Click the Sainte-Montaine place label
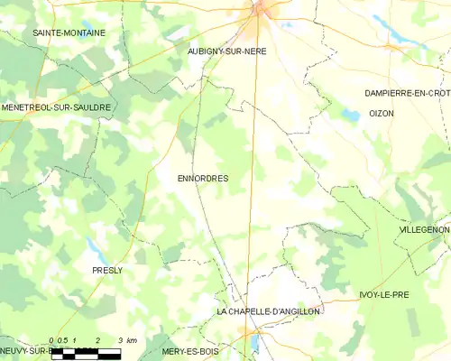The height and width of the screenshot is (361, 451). click(x=69, y=32)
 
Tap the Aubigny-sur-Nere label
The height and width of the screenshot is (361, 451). click(x=226, y=51)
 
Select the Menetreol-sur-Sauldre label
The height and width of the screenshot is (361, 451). click(x=56, y=107)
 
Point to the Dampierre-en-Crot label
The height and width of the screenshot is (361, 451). click(x=407, y=93)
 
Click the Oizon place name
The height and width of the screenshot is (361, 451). click(x=382, y=113)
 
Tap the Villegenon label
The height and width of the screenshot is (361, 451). click(x=423, y=230)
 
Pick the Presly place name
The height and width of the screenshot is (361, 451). click(x=107, y=270)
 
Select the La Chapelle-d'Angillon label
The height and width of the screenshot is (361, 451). click(x=269, y=310)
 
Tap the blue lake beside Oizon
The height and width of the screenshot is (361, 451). click(x=349, y=115)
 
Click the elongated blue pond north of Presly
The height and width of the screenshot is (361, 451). click(x=94, y=245)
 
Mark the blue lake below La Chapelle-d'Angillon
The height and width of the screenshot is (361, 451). click(x=254, y=342)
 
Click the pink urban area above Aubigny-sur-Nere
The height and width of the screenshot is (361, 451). click(x=264, y=11)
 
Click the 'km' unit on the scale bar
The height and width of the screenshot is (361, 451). click(x=132, y=340)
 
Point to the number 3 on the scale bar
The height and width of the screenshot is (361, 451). click(x=120, y=340)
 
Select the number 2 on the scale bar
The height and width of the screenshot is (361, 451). click(x=97, y=340)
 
